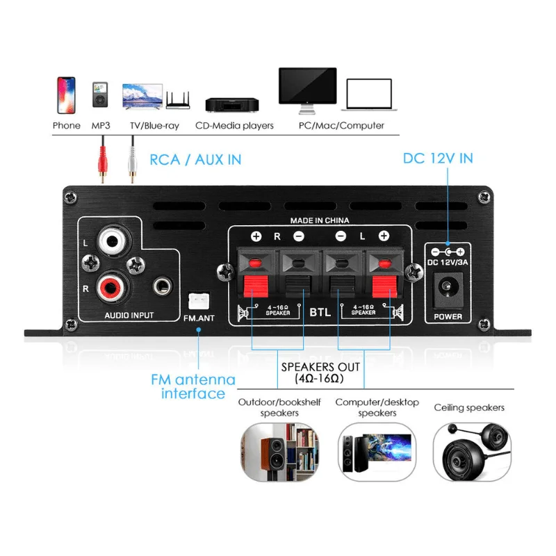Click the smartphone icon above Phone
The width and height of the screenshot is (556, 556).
click(x=67, y=95)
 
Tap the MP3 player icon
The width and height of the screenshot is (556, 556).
click(x=101, y=95)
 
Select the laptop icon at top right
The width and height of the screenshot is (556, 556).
click(x=369, y=97)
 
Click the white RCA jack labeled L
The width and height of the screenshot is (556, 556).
click(x=111, y=241)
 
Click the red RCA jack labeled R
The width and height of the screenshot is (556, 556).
click(x=111, y=284)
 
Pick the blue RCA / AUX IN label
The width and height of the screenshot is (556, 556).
click(x=195, y=159)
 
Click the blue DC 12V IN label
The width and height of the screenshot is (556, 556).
click(x=438, y=158)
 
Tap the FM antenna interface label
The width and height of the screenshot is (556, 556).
click(x=193, y=387)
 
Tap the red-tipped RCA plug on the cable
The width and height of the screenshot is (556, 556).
click(x=103, y=170)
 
